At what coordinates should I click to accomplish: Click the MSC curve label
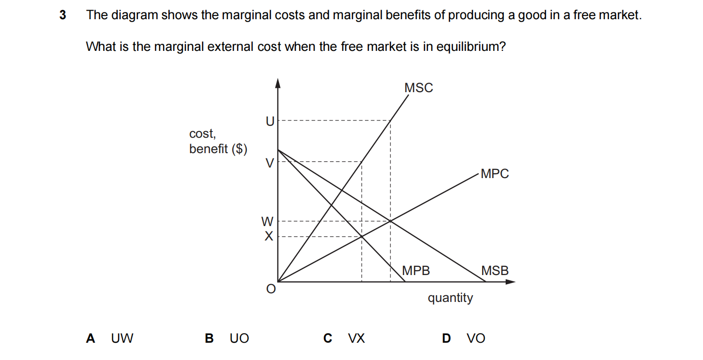point(418,88)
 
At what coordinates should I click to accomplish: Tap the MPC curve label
point(494,174)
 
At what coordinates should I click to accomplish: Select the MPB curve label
point(416,271)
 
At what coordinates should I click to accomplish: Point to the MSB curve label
point(495,271)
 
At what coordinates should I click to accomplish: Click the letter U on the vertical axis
point(270,122)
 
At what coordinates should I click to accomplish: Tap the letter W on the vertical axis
point(267,221)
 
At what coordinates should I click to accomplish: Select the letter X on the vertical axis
point(268,236)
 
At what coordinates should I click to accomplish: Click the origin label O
point(271,289)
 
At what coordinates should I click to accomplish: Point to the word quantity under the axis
point(450,298)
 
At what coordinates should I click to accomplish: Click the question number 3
point(62,15)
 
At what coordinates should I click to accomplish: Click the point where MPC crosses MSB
point(390,221)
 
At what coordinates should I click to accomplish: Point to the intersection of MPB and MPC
point(362,236)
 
